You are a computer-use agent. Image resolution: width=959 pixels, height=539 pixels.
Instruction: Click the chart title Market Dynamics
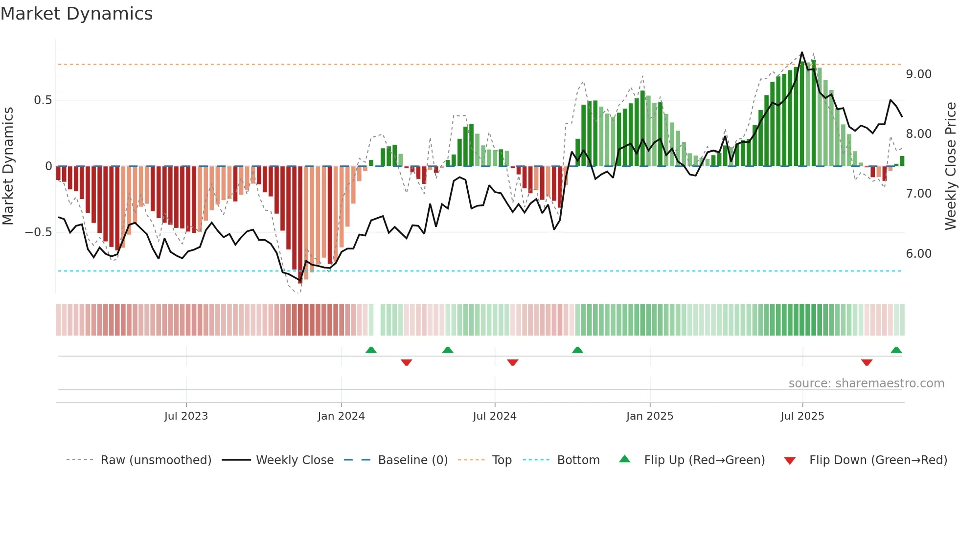click(76, 14)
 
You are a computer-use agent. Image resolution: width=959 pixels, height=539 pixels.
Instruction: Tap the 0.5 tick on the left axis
click(43, 100)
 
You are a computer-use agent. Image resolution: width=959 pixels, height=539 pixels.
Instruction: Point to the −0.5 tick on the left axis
click(39, 232)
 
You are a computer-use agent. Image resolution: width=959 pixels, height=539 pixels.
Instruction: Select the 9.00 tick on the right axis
click(918, 74)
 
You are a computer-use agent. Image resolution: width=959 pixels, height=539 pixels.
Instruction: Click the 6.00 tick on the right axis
click(918, 253)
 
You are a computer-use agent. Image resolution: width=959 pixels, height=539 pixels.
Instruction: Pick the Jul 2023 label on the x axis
click(186, 416)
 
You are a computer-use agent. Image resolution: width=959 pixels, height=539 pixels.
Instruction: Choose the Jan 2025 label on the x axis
click(649, 416)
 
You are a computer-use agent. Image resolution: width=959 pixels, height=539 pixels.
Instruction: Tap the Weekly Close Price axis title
click(950, 166)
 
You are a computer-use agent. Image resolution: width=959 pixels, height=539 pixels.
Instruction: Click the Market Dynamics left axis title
click(8, 166)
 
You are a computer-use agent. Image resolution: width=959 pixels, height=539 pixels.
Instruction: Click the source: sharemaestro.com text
click(866, 383)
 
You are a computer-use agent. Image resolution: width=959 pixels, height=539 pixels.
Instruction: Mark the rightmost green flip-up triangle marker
click(896, 350)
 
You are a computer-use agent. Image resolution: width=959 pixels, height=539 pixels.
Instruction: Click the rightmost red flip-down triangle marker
click(867, 362)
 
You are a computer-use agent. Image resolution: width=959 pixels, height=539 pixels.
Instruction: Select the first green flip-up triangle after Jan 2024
click(371, 350)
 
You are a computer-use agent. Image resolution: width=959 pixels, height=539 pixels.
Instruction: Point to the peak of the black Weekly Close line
click(801, 52)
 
